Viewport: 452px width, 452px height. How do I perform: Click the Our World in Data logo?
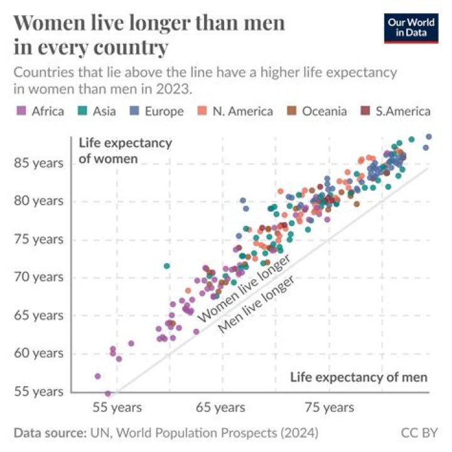[411, 27]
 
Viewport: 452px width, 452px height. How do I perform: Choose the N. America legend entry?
[235, 111]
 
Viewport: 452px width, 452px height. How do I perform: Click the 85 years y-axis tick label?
[38, 163]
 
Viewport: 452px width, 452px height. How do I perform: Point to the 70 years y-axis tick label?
[38, 277]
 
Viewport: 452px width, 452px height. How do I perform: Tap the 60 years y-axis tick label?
[38, 353]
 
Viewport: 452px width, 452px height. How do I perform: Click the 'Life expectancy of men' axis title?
[358, 377]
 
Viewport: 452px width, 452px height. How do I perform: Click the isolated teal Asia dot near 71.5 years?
[166, 266]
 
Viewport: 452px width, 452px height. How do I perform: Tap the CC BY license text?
[419, 433]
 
